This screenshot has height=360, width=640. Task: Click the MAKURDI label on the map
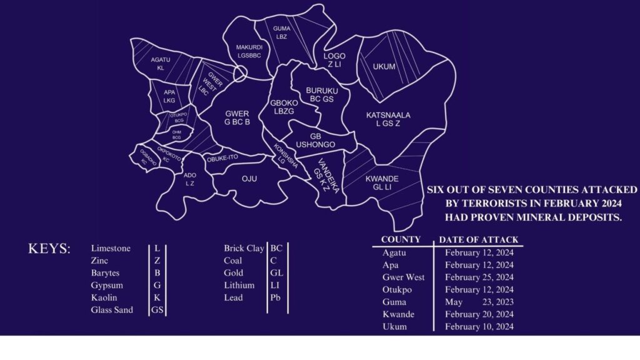click(248, 47)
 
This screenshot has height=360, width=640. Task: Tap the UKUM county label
click(384, 67)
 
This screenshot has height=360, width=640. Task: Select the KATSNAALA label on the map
click(388, 116)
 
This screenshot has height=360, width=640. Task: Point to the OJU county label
click(249, 179)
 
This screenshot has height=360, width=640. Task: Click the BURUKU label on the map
click(322, 91)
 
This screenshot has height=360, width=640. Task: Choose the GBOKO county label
click(282, 103)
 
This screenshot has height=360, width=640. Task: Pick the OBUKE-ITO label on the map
click(224, 158)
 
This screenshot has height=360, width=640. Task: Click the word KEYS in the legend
click(49, 249)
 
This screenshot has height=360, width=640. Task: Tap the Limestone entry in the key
click(111, 248)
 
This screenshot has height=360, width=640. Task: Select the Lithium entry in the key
click(239, 285)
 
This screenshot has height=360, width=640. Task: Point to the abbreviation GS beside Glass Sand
click(157, 310)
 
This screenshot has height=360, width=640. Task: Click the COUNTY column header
click(401, 239)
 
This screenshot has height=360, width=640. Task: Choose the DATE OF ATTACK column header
click(478, 239)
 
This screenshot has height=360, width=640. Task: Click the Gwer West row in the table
click(403, 277)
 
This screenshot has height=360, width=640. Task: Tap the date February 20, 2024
click(479, 314)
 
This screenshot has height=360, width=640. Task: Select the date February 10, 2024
click(479, 326)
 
